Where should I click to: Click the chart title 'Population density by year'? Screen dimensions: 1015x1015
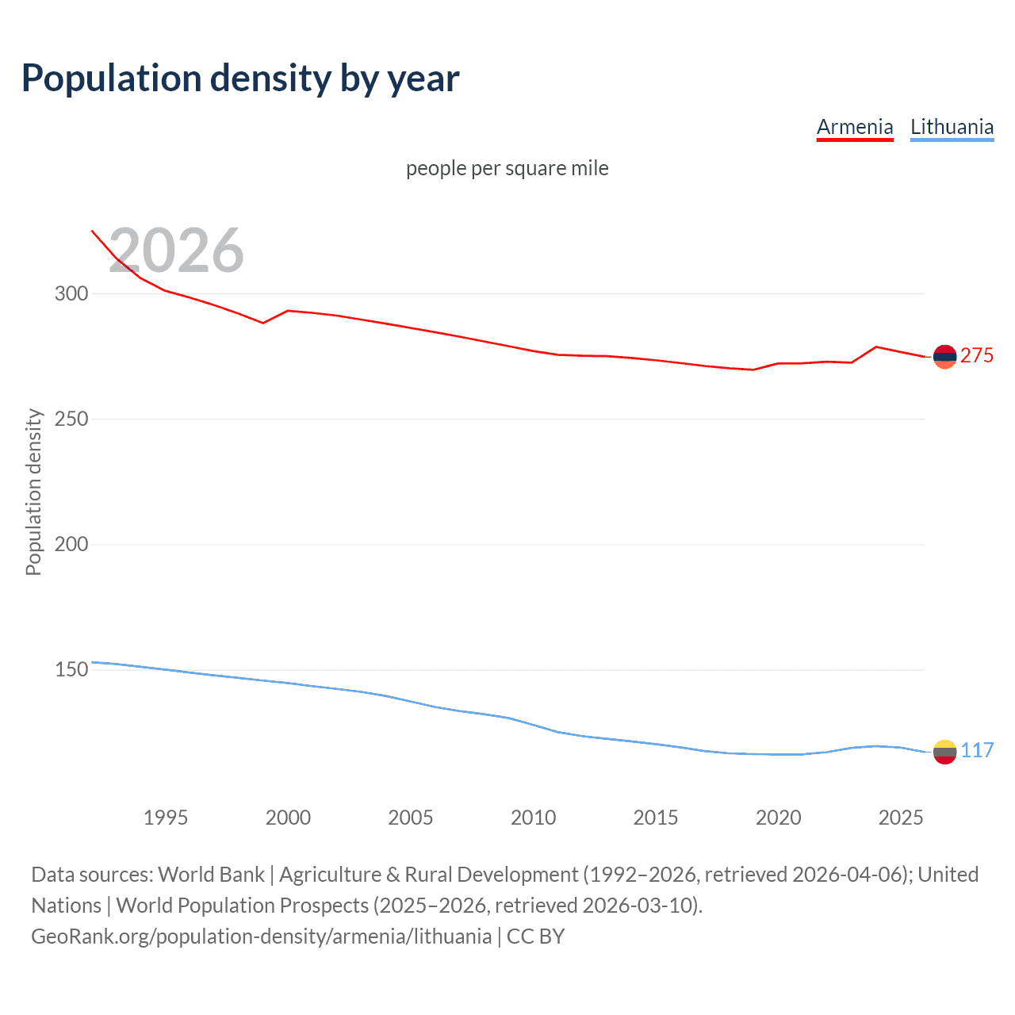click(240, 79)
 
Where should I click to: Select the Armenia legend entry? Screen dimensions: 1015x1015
click(855, 127)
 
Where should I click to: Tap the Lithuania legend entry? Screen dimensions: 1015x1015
click(952, 127)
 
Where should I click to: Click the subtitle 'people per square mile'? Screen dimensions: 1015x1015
click(507, 168)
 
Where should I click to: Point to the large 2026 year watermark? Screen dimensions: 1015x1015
click(176, 251)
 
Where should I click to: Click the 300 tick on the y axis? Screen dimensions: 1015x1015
click(71, 293)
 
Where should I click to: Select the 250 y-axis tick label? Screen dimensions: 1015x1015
click(71, 419)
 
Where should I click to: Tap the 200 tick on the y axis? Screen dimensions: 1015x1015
click(71, 544)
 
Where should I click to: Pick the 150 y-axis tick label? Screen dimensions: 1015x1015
click(71, 669)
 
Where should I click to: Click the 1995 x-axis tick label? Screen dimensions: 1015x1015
click(166, 818)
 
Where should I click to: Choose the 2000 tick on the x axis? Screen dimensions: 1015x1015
click(288, 818)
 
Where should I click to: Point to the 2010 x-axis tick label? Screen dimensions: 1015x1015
click(533, 818)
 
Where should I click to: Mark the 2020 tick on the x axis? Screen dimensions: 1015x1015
click(778, 818)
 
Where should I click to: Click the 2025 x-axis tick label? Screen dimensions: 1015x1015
click(901, 818)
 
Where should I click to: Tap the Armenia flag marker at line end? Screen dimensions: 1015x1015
click(944, 357)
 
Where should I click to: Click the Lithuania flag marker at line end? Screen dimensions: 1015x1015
click(944, 751)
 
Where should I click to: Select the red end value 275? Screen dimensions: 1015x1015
click(976, 356)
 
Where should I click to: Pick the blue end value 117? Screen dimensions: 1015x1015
click(977, 751)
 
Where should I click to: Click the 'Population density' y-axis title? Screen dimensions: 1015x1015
click(33, 492)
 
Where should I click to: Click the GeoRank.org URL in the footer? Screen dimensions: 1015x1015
click(262, 936)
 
